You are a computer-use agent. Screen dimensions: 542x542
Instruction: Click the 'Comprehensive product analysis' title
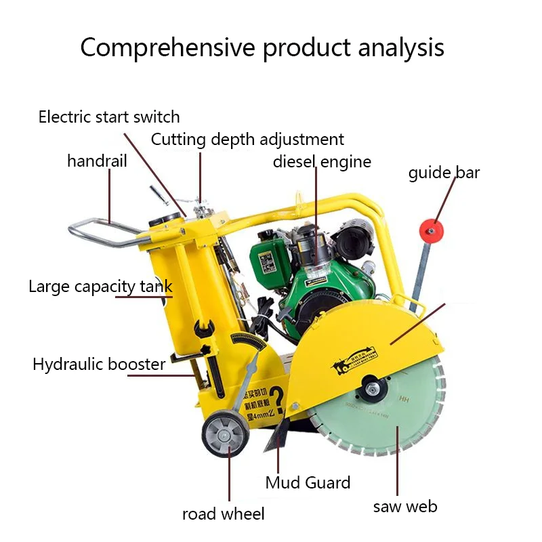262,48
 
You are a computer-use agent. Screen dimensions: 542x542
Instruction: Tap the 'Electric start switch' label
109,117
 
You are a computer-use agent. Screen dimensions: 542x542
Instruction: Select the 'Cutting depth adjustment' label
247,140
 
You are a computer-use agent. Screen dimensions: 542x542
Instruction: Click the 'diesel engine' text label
322,161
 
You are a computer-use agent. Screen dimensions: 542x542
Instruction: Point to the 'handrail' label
97,161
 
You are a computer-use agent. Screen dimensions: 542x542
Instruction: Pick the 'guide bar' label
444,173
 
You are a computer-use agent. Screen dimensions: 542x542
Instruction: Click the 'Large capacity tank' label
100,286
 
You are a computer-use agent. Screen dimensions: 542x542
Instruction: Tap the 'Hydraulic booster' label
99,364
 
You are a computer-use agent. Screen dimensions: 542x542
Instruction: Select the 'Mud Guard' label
308,482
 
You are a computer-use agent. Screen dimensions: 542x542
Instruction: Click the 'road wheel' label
223,514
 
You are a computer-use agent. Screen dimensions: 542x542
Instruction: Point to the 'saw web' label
405,506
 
